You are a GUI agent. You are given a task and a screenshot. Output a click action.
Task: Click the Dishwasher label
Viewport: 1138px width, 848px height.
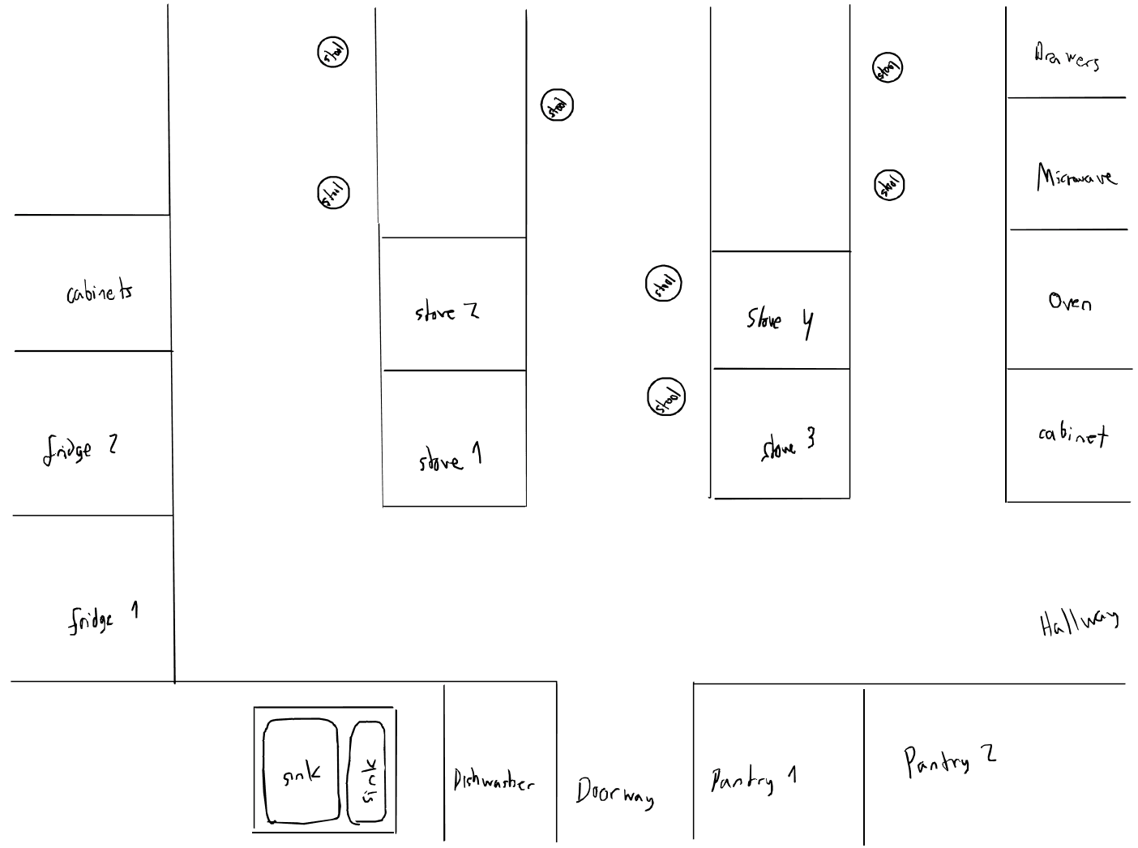coord(494,782)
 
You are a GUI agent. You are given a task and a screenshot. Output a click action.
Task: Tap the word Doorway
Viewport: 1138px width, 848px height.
coord(614,792)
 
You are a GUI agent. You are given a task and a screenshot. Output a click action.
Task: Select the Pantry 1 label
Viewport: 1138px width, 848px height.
coord(754,779)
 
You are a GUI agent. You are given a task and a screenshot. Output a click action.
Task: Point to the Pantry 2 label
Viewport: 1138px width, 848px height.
coord(949,760)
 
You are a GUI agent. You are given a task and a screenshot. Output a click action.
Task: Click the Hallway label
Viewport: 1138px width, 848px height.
coord(1079,623)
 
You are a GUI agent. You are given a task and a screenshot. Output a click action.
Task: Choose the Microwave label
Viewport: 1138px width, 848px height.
coord(1076,177)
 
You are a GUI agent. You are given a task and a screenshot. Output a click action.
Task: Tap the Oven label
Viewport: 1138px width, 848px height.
coord(1070,302)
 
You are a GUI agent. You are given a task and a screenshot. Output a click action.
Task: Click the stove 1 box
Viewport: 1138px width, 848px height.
coord(455,439)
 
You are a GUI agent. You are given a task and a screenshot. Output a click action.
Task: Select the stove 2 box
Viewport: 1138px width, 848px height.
coord(454,304)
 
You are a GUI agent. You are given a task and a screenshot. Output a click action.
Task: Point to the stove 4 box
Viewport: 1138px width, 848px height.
coord(781,311)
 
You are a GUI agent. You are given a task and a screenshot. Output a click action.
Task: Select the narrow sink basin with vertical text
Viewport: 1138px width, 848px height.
coord(367,772)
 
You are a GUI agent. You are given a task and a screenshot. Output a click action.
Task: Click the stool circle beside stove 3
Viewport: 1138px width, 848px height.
coord(666,397)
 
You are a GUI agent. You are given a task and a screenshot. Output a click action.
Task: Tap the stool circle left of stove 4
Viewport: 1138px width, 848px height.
coord(664,284)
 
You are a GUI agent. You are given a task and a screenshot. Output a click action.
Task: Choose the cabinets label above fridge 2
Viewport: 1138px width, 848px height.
coord(100,292)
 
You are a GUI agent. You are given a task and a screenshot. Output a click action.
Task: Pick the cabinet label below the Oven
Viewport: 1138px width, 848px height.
coord(1072,435)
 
